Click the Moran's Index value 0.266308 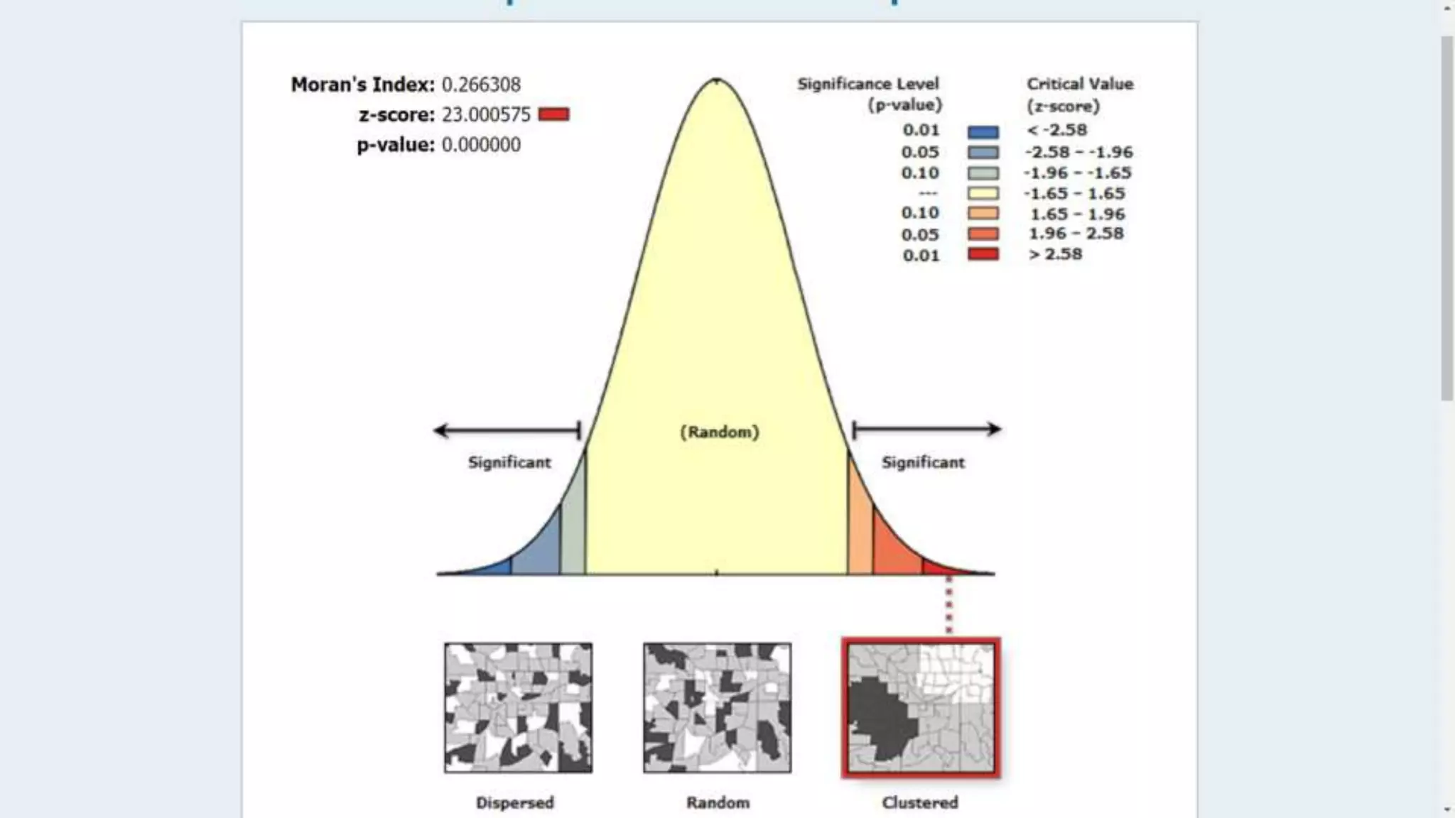(481, 84)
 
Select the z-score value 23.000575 (486, 114)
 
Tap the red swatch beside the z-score (553, 114)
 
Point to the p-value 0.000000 (481, 145)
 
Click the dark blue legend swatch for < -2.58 (983, 131)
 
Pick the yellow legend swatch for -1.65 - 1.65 (983, 193)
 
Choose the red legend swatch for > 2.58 (983, 254)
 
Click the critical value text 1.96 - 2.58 (1076, 234)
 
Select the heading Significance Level (867, 84)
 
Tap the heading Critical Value (1079, 84)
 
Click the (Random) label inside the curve (719, 432)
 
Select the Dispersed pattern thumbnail (518, 708)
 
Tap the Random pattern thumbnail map (717, 708)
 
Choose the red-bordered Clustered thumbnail (921, 708)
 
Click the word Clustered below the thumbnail (919, 802)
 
